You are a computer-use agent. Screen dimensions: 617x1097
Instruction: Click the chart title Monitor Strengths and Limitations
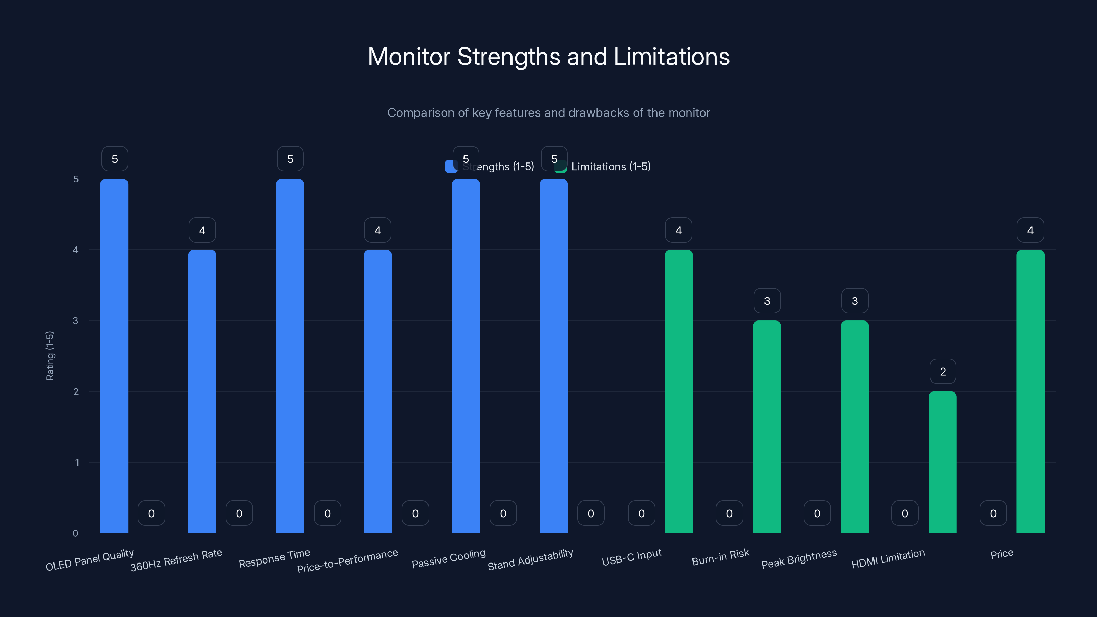click(x=548, y=57)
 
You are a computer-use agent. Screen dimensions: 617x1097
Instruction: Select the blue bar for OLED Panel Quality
click(x=114, y=355)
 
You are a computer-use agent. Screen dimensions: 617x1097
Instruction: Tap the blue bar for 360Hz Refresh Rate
click(x=202, y=391)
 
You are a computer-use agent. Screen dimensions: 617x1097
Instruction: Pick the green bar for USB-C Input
click(x=679, y=391)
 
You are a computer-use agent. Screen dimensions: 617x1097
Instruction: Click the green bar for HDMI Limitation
click(x=942, y=462)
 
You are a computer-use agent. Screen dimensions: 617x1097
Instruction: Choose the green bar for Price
click(x=1030, y=391)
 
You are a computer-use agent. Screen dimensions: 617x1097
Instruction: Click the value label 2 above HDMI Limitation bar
click(x=943, y=372)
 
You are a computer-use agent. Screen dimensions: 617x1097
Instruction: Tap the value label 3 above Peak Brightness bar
click(x=855, y=301)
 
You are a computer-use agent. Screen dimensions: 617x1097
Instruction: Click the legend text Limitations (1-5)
click(x=611, y=167)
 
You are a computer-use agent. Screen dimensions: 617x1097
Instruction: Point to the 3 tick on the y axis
click(x=75, y=320)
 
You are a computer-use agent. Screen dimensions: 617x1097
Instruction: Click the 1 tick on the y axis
click(x=77, y=462)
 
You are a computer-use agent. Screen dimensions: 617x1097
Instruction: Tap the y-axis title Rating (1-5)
click(x=50, y=355)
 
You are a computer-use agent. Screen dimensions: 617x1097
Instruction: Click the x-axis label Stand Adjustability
click(x=530, y=559)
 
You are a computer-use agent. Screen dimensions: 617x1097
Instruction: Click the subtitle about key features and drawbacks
click(x=548, y=113)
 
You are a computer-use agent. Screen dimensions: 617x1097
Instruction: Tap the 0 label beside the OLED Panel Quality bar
click(x=151, y=513)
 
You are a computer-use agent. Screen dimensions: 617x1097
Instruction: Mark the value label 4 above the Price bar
click(x=1030, y=230)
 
